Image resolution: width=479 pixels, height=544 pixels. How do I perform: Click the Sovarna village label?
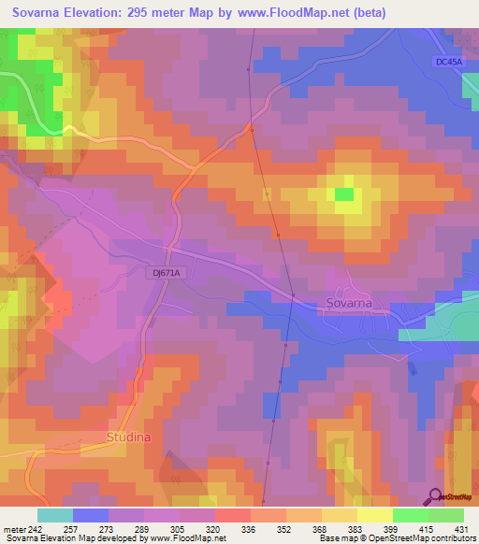point(349,304)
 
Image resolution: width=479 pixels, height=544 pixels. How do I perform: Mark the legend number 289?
point(141,529)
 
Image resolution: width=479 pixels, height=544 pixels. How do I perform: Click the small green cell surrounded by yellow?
point(344,194)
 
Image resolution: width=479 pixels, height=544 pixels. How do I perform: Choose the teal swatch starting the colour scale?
point(55,515)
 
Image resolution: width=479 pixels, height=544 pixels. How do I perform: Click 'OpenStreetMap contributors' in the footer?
point(425,538)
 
